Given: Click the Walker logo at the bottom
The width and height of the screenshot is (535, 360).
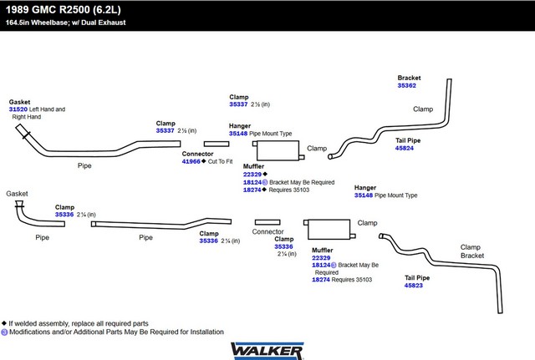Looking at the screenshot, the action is pos(267,351).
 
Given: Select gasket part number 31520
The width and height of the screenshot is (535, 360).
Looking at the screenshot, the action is pos(18,109).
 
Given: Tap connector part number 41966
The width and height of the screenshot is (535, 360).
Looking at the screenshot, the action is pos(191,161).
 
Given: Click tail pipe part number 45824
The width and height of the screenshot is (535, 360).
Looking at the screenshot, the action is pos(405,149).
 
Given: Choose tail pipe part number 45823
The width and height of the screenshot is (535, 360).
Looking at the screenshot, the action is pos(414,286).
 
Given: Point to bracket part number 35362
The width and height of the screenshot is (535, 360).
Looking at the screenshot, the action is pos(407,85).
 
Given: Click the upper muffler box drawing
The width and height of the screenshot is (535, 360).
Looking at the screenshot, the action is pos(278,150).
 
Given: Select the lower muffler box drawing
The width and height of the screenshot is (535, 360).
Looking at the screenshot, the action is pos(329,229).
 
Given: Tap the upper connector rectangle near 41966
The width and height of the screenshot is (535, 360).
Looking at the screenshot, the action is pos(217,144).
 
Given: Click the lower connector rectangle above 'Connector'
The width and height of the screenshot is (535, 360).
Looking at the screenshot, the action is pos(267,222).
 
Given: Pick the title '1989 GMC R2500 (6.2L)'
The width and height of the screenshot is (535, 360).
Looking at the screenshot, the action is pos(64,9).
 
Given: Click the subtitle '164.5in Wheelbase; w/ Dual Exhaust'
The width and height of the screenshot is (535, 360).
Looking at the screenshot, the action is pos(65,23).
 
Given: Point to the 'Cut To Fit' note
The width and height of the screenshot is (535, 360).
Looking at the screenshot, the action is pos(221,161).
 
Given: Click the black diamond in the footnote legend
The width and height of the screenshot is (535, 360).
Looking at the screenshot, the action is pos(4,323).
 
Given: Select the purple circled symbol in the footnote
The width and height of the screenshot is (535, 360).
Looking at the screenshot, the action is pos(4,332).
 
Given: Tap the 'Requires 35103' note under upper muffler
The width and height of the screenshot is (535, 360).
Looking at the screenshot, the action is pos(289,190).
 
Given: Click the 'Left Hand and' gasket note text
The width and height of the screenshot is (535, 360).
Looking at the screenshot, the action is pos(47,109).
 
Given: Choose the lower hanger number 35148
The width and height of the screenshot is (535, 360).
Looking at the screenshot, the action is pos(364,195).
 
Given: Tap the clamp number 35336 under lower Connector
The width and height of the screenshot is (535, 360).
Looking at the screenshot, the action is pos(283,246).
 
